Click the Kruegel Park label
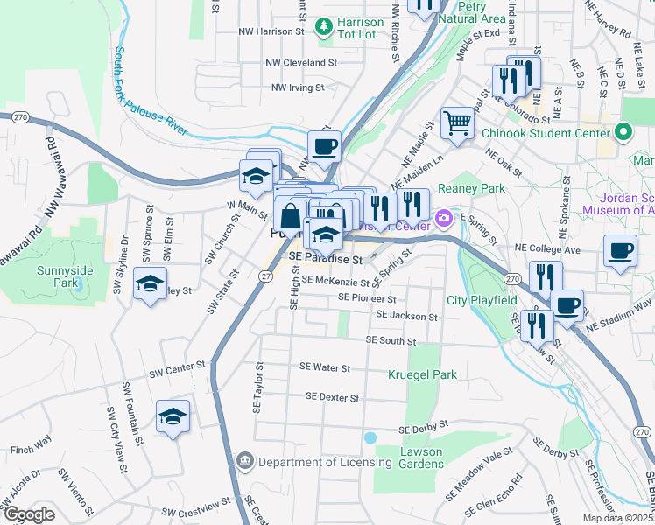click(423, 374)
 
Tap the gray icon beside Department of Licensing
click(244, 461)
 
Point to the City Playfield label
click(482, 301)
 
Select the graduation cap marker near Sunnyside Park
click(149, 284)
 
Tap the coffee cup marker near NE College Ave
click(620, 252)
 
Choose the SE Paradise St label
click(326, 260)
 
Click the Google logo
click(28, 514)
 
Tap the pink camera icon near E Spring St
click(444, 216)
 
